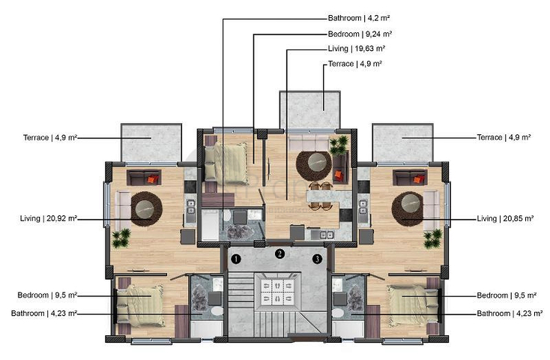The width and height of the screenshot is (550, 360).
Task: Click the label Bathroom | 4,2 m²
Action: click(x=360, y=18)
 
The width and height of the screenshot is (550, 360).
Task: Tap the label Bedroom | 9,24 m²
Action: click(x=360, y=34)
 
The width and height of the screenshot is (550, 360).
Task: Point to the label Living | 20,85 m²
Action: click(x=505, y=219)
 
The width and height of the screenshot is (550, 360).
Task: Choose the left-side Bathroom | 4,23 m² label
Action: click(x=44, y=313)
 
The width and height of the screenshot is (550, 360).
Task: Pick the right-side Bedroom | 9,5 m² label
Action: click(x=504, y=295)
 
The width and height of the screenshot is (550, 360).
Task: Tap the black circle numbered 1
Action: click(x=235, y=259)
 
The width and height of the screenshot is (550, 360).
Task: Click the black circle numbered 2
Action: click(x=279, y=253)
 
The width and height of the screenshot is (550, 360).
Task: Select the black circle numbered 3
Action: click(x=317, y=259)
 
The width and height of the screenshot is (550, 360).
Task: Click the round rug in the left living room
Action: click(x=143, y=207)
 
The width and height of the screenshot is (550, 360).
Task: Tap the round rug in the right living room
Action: click(x=410, y=207)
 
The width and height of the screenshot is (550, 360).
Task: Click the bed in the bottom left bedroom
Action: click(x=142, y=304)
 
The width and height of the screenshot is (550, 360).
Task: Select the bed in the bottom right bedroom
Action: click(x=410, y=304)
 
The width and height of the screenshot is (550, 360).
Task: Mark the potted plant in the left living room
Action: click(x=121, y=238)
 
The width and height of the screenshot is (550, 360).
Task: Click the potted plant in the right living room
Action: click(x=432, y=238)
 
